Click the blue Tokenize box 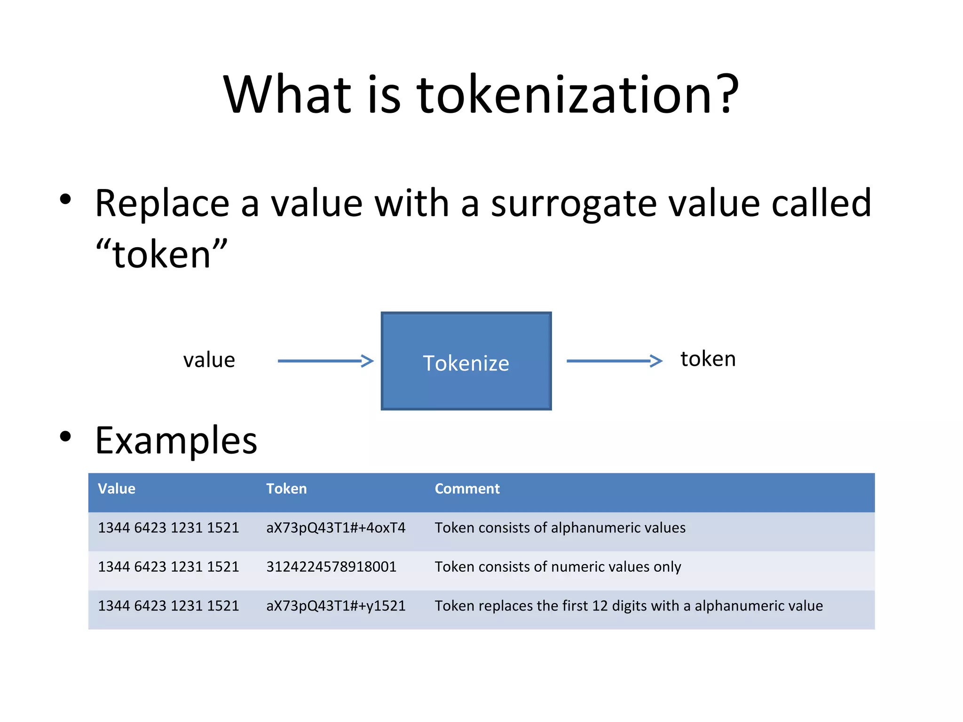[466, 361]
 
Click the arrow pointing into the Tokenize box [325, 361]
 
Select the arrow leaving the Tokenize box [614, 361]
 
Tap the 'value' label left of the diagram [209, 360]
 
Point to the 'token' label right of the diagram [708, 359]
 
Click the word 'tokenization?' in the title [578, 95]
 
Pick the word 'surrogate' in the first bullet [574, 204]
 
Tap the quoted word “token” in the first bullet [161, 254]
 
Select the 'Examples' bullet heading [176, 440]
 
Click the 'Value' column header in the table [117, 489]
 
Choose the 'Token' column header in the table [286, 489]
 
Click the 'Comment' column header [467, 489]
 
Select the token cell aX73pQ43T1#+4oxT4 [336, 528]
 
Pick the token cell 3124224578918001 [332, 567]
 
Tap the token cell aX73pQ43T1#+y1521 [336, 606]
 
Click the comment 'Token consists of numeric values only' [558, 567]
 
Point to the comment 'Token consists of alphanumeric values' [560, 528]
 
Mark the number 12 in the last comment [600, 606]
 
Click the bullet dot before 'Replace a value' [66, 199]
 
